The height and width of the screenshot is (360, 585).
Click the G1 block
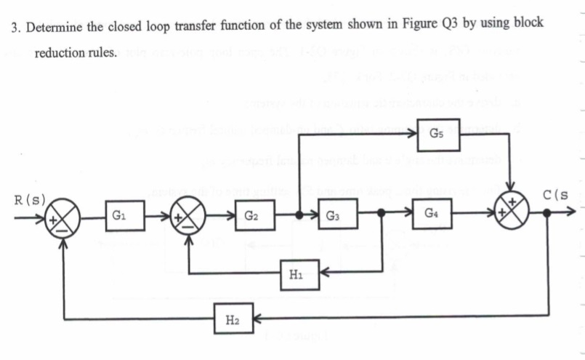pyautogui.click(x=120, y=216)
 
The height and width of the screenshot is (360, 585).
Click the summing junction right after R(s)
pyautogui.click(x=65, y=216)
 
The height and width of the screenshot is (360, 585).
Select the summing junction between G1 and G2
pyautogui.click(x=190, y=216)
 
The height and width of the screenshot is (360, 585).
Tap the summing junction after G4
pyautogui.click(x=513, y=214)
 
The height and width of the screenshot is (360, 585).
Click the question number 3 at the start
pyautogui.click(x=15, y=23)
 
